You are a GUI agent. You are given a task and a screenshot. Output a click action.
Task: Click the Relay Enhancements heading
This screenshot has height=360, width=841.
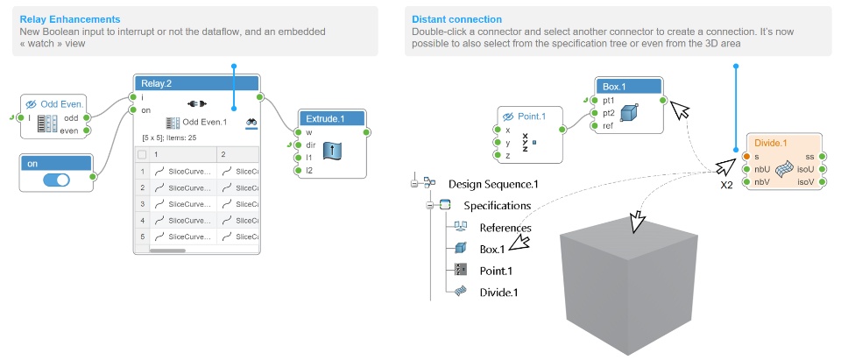coord(70,18)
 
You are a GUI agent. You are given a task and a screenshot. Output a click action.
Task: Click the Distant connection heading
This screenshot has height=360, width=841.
coord(456,18)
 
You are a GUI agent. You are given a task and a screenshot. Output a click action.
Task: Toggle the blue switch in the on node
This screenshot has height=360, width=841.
coord(56,179)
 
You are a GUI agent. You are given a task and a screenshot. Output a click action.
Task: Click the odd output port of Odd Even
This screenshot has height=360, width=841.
coord(87,117)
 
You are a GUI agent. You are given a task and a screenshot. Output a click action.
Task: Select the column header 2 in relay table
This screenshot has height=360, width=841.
coord(223,154)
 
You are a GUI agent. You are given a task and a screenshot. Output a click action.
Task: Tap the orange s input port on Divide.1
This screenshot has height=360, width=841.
coord(745,156)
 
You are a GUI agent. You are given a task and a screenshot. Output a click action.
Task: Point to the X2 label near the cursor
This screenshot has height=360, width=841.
coord(726,186)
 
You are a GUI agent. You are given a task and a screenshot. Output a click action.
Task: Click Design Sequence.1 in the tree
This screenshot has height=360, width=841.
coord(493,184)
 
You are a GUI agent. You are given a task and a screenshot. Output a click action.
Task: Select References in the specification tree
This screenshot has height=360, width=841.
coord(505,227)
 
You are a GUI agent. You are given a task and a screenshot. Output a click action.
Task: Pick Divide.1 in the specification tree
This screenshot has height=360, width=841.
coord(498,292)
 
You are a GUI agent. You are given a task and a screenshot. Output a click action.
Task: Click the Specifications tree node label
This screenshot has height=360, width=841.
coord(497,206)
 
